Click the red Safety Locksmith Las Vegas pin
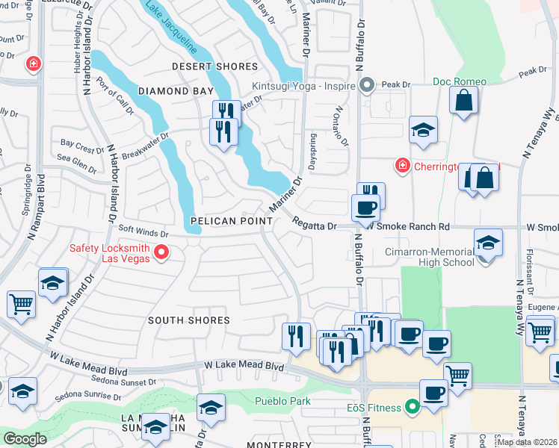tap(161, 255)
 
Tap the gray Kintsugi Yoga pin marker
tap(366, 87)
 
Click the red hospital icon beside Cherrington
tap(402, 164)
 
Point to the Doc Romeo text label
tap(459, 81)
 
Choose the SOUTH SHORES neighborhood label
tap(188, 320)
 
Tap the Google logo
tap(25, 438)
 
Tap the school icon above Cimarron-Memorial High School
tap(488, 243)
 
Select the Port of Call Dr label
tap(114, 99)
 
